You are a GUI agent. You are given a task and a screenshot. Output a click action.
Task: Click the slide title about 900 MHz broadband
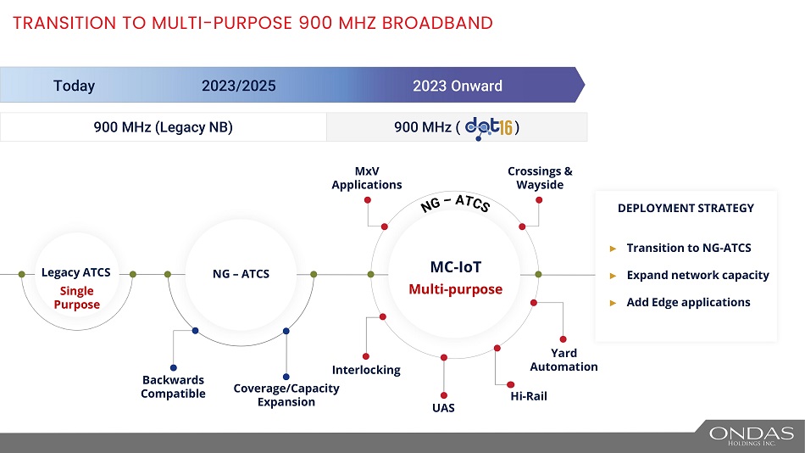tap(253, 23)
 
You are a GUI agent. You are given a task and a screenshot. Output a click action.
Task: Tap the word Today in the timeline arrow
tap(74, 86)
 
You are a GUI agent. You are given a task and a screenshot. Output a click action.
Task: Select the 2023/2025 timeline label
tap(239, 86)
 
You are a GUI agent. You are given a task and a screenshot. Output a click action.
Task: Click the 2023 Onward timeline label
tap(458, 86)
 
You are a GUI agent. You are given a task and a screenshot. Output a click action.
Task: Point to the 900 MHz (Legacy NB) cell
tap(163, 127)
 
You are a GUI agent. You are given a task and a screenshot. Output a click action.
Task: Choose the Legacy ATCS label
tap(75, 273)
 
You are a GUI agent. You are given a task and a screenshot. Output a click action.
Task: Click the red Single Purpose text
tap(77, 298)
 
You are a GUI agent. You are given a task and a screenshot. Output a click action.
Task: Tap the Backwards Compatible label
tap(173, 387)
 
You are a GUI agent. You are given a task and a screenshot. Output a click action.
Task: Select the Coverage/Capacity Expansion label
tap(286, 395)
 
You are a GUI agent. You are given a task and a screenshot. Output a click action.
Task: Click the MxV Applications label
tap(367, 178)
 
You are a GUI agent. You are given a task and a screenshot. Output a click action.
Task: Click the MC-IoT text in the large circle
tap(456, 267)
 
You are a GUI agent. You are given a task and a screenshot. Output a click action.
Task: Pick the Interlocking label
tap(366, 370)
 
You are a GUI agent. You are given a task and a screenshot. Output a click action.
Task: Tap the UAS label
tap(443, 408)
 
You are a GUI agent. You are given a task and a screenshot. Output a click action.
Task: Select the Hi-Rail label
tap(529, 396)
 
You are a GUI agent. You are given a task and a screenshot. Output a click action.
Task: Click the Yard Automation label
tap(563, 360)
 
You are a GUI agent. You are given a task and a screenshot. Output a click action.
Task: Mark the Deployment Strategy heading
tap(686, 208)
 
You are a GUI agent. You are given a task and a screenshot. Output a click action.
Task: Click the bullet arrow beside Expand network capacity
tap(613, 276)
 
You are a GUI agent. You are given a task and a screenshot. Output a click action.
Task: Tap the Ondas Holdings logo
tap(752, 435)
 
